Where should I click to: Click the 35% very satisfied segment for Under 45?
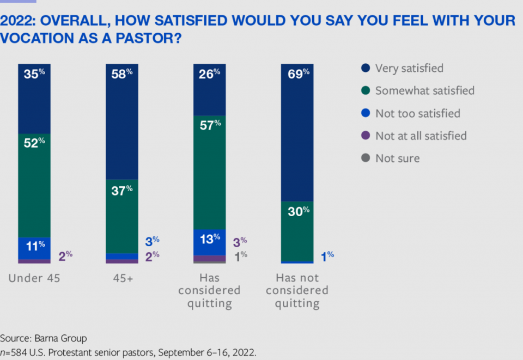(34, 99)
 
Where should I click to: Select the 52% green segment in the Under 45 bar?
(34, 185)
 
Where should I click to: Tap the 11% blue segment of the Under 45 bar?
(34, 248)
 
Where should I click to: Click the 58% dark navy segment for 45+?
(122, 121)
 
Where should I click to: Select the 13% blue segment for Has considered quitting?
(210, 242)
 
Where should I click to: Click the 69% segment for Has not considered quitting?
(297, 132)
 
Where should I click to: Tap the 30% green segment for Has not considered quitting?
(297, 231)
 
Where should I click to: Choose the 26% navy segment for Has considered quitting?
(210, 89)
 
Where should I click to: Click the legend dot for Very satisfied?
(366, 68)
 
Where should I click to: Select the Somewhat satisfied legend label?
(424, 90)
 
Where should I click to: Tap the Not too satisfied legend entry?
(417, 113)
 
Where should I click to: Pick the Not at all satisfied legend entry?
(421, 136)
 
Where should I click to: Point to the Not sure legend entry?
(397, 158)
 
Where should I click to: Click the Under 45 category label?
(34, 278)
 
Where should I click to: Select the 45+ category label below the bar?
(121, 278)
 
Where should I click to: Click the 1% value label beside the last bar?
(327, 255)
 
